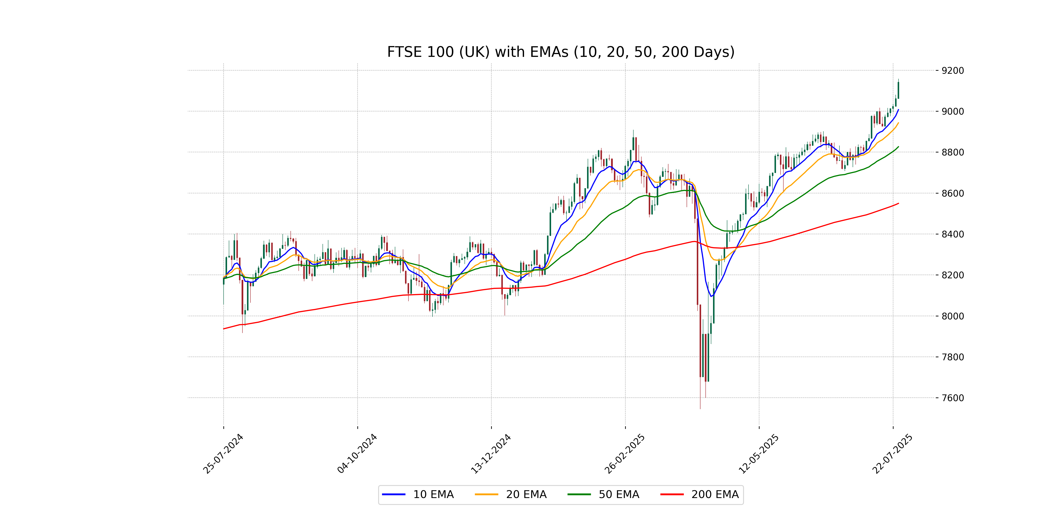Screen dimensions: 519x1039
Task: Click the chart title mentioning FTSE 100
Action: pyautogui.click(x=561, y=52)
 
